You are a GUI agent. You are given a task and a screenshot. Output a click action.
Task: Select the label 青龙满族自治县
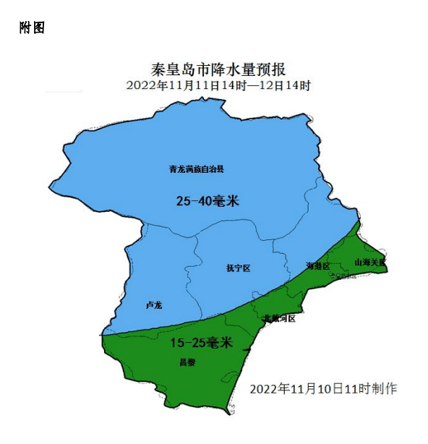click(x=197, y=169)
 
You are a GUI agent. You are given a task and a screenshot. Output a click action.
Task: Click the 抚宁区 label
click(x=238, y=268)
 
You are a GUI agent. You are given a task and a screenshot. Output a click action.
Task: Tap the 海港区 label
click(x=317, y=266)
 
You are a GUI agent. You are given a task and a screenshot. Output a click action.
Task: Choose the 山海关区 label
click(x=369, y=262)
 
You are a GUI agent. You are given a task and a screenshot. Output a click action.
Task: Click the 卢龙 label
click(x=153, y=305)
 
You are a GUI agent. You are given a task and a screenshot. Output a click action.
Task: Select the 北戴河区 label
click(x=279, y=318)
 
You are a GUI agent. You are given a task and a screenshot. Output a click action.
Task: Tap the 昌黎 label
click(x=187, y=362)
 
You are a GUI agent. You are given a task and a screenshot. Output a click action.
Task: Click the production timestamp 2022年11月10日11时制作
click(x=323, y=388)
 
